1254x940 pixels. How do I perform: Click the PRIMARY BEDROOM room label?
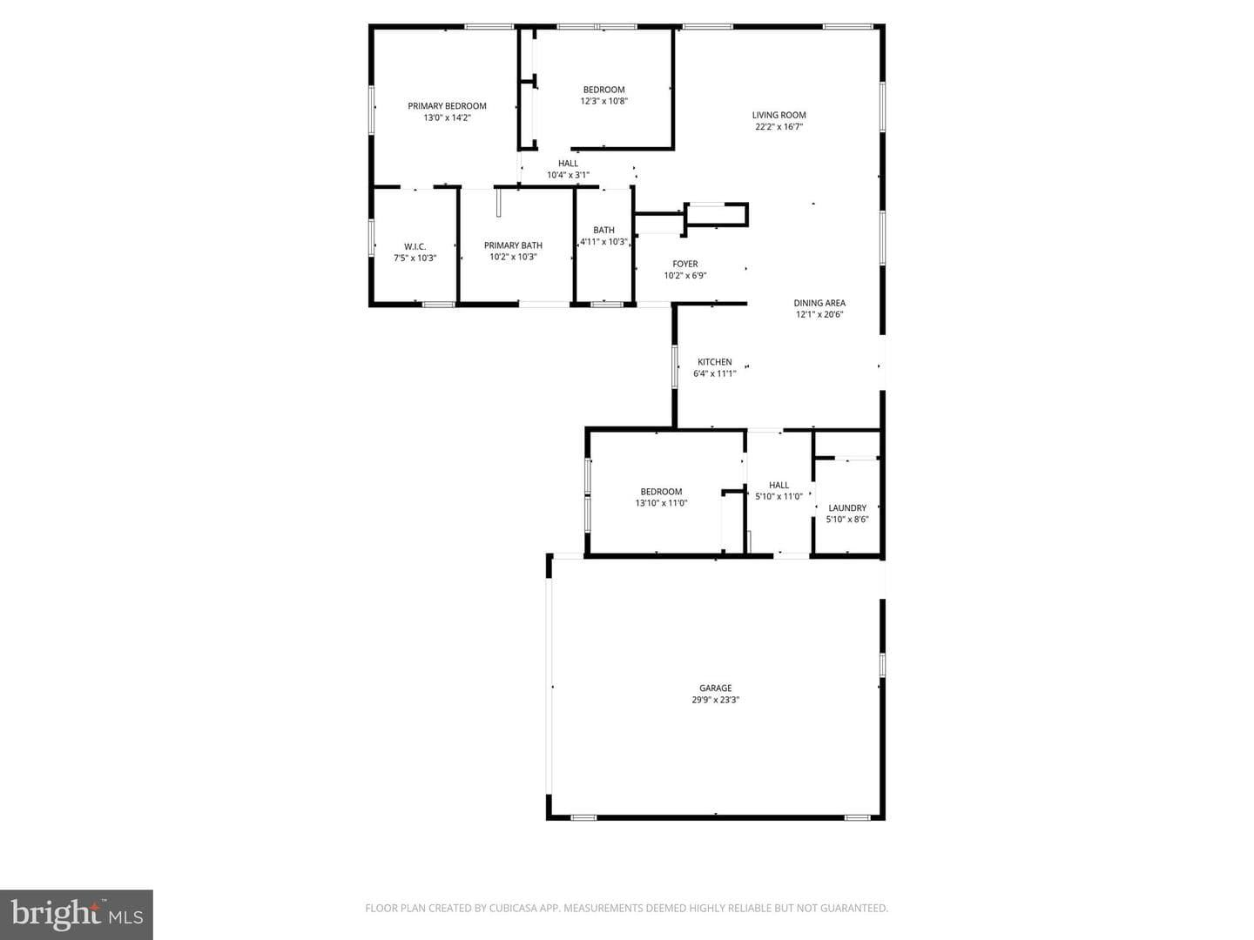click(447, 106)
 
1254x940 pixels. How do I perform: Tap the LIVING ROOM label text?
click(779, 115)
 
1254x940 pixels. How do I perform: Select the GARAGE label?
click(715, 688)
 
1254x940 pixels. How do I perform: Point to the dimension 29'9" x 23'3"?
click(715, 700)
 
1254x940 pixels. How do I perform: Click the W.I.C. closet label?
click(415, 246)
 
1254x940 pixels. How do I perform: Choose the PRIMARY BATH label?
click(513, 245)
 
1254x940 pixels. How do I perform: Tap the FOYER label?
click(685, 264)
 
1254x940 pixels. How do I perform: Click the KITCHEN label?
click(715, 362)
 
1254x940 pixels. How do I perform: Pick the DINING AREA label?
click(819, 303)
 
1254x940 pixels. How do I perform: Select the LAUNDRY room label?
click(847, 508)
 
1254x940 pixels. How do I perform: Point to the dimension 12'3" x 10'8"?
click(603, 101)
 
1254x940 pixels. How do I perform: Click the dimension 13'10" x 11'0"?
click(661, 503)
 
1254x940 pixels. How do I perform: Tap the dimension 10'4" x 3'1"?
click(568, 175)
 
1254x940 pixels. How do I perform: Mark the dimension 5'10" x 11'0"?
click(779, 496)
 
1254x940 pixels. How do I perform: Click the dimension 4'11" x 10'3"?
click(603, 241)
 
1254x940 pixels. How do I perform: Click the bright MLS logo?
click(77, 914)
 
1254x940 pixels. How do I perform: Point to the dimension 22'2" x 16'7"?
click(779, 127)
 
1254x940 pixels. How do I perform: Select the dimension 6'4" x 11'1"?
click(715, 373)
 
